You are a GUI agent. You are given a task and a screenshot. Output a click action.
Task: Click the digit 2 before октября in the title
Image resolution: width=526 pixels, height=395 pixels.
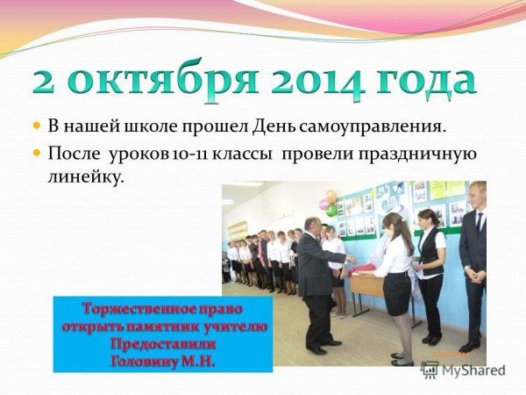(45, 82)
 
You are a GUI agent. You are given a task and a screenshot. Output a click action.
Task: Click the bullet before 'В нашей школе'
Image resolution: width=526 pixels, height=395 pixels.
(37, 127)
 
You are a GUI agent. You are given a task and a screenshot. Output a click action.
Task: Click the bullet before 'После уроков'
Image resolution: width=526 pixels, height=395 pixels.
(37, 154)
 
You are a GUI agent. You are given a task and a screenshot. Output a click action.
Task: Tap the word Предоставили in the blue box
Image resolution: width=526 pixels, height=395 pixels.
(162, 343)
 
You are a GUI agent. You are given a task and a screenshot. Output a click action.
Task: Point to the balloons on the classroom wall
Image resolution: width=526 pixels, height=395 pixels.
(328, 203)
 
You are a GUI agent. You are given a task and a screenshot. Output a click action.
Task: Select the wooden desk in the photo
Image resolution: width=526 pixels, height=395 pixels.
(367, 284)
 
